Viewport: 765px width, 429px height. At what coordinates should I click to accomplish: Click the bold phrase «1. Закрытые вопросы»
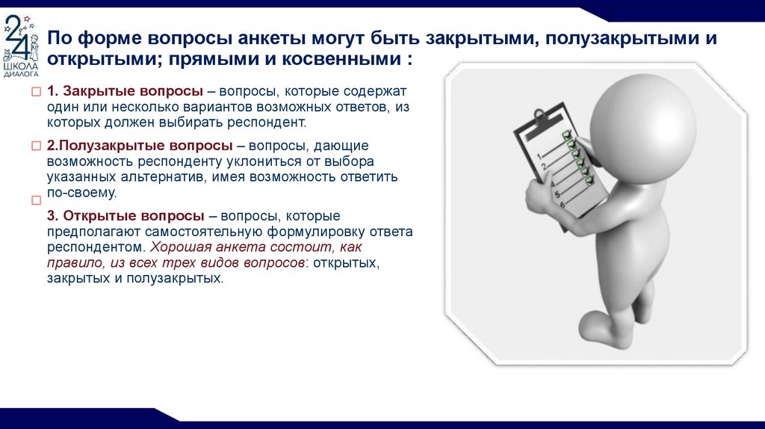[x=125, y=91]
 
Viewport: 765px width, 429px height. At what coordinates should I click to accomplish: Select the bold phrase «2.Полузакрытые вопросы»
[x=140, y=146]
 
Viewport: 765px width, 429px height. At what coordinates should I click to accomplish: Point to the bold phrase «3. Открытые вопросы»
[x=126, y=216]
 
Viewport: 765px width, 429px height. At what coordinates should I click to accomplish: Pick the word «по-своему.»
[x=82, y=193]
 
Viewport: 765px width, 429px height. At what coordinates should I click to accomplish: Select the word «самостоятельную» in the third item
[x=203, y=232]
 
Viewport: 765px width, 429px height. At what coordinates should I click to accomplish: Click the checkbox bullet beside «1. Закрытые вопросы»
[x=36, y=92]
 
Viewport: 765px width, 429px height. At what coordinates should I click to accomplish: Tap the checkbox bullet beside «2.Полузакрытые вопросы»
[x=36, y=146]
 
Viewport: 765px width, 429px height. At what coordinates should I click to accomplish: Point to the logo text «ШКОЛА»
[x=20, y=67]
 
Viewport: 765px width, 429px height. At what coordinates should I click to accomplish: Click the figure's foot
[x=604, y=328]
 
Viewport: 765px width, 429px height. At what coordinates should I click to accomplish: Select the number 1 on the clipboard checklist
[x=539, y=156]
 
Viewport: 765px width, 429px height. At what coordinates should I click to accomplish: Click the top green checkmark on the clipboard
[x=568, y=135]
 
